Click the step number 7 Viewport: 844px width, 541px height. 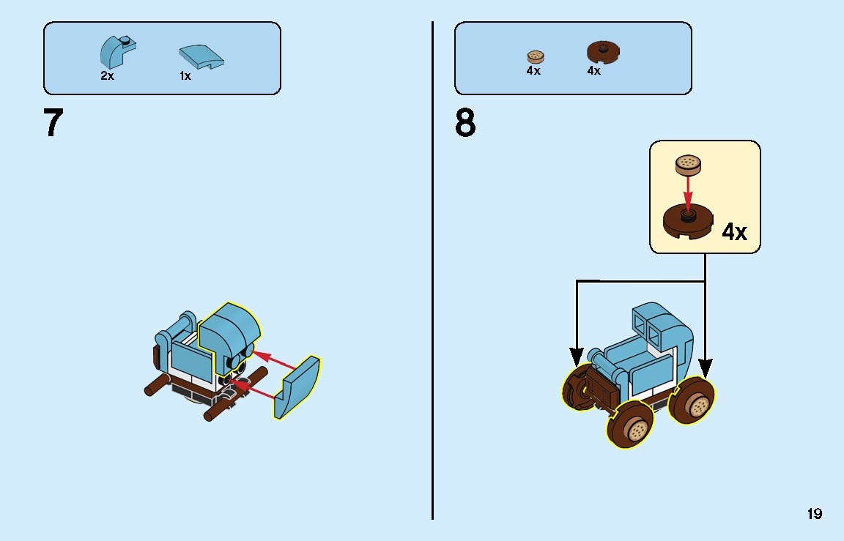53,123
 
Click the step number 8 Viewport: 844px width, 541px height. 465,123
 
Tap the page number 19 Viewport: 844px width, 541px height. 815,514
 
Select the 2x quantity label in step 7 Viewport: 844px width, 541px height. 108,75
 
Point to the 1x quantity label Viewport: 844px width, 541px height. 185,75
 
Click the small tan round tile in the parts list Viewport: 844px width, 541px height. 536,56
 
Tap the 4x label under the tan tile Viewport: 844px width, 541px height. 533,71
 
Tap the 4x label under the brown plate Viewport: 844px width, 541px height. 593,71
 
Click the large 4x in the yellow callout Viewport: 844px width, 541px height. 734,232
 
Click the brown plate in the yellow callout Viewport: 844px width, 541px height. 689,220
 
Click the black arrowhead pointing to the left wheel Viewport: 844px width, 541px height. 577,357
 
